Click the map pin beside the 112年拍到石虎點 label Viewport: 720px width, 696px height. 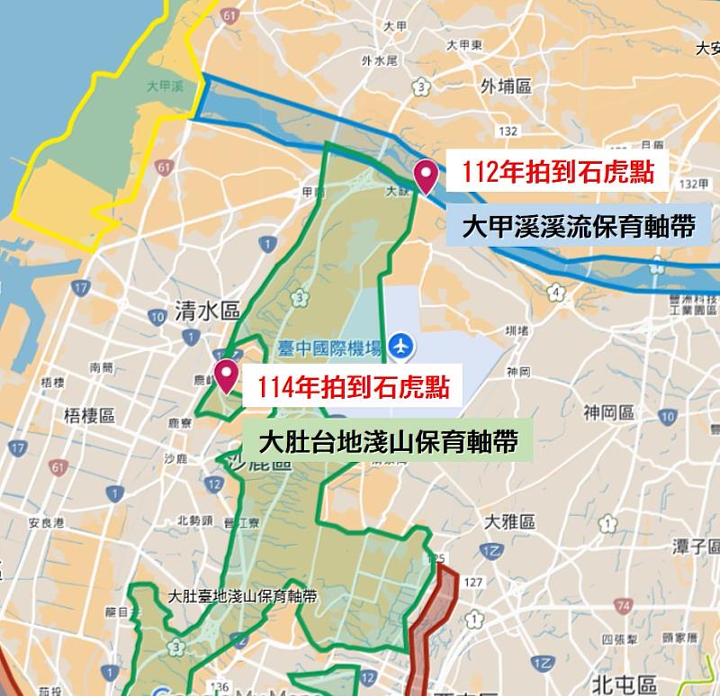pos(425,173)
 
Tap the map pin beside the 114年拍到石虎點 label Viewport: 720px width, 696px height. pos(225,375)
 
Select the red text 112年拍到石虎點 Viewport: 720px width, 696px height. pos(557,171)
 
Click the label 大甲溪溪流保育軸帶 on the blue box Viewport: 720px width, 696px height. pos(578,226)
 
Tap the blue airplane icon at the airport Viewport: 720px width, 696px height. pos(401,345)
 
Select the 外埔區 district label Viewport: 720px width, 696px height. pos(507,86)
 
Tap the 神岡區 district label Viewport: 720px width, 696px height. pos(608,413)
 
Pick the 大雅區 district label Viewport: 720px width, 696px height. pos(510,522)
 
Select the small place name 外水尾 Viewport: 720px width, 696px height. pos(379,61)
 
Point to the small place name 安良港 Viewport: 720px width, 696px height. pos(45,522)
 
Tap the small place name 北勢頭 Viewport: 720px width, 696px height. pos(194,520)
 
